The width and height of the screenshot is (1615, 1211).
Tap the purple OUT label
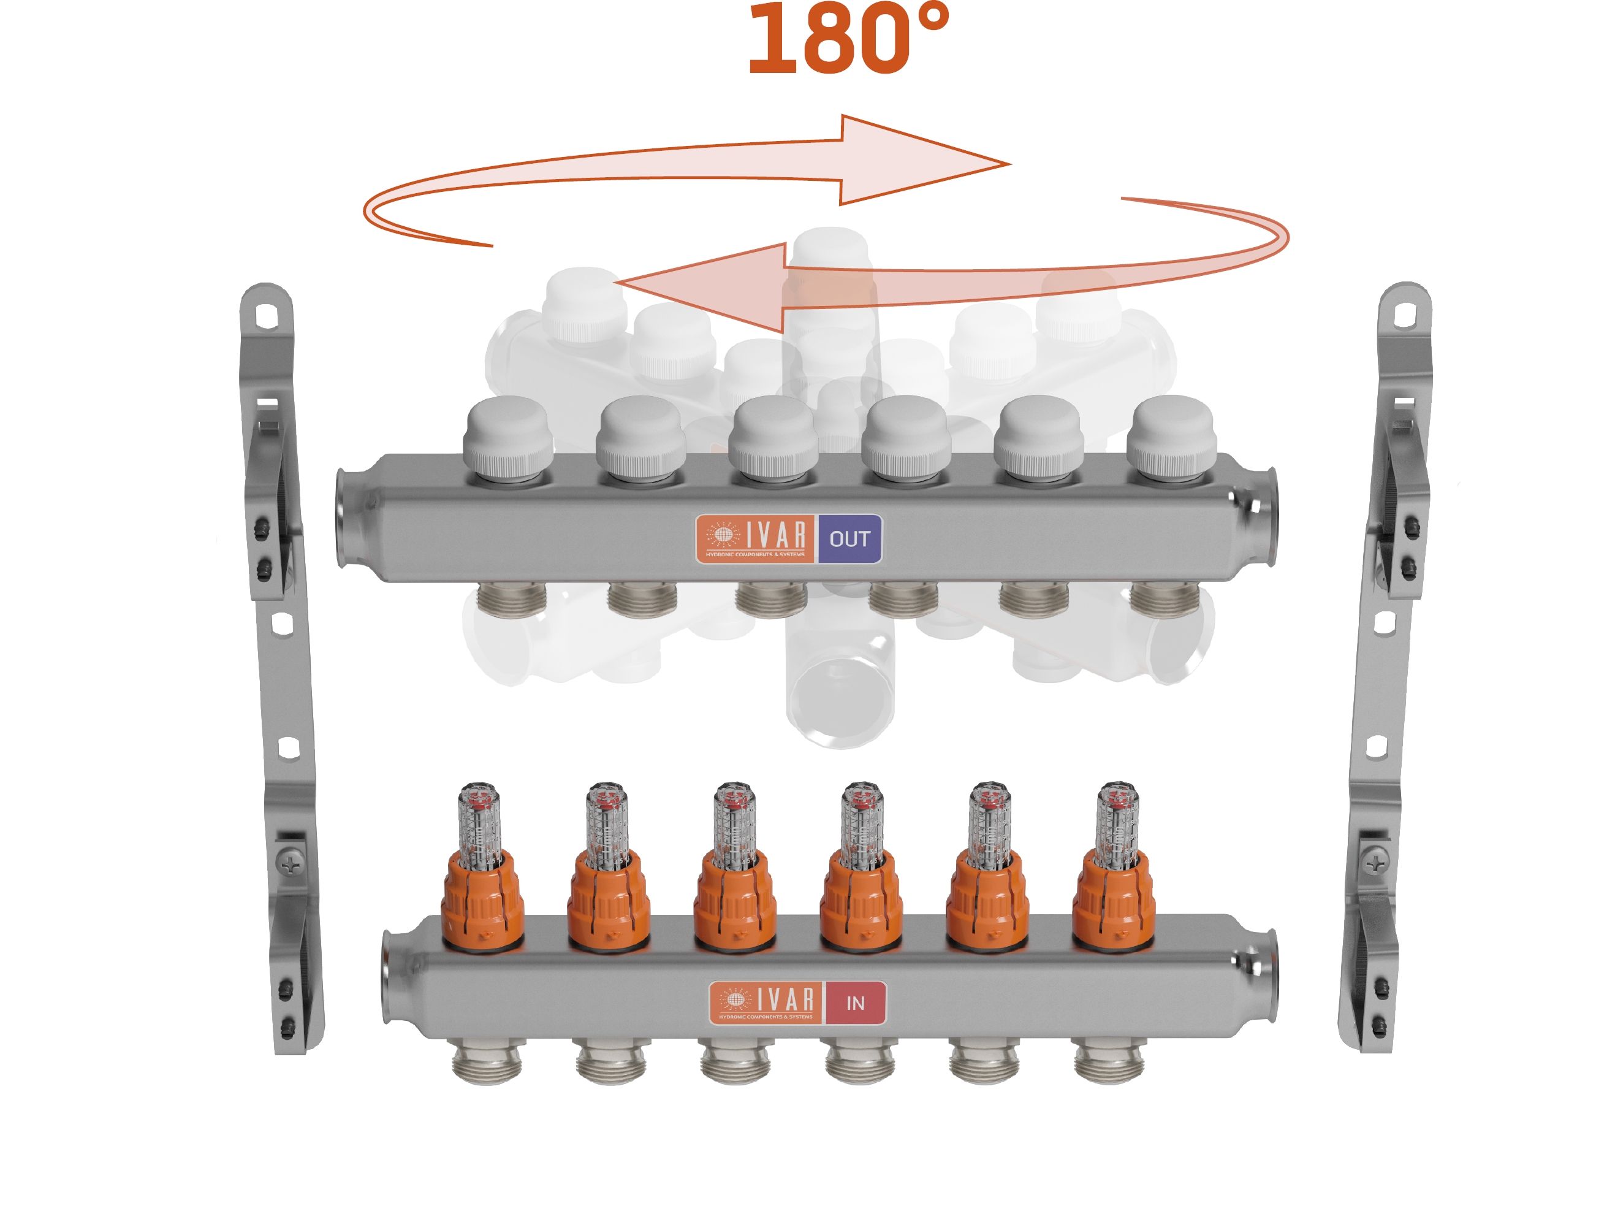point(849,539)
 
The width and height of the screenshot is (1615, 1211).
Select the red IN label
point(855,1004)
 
